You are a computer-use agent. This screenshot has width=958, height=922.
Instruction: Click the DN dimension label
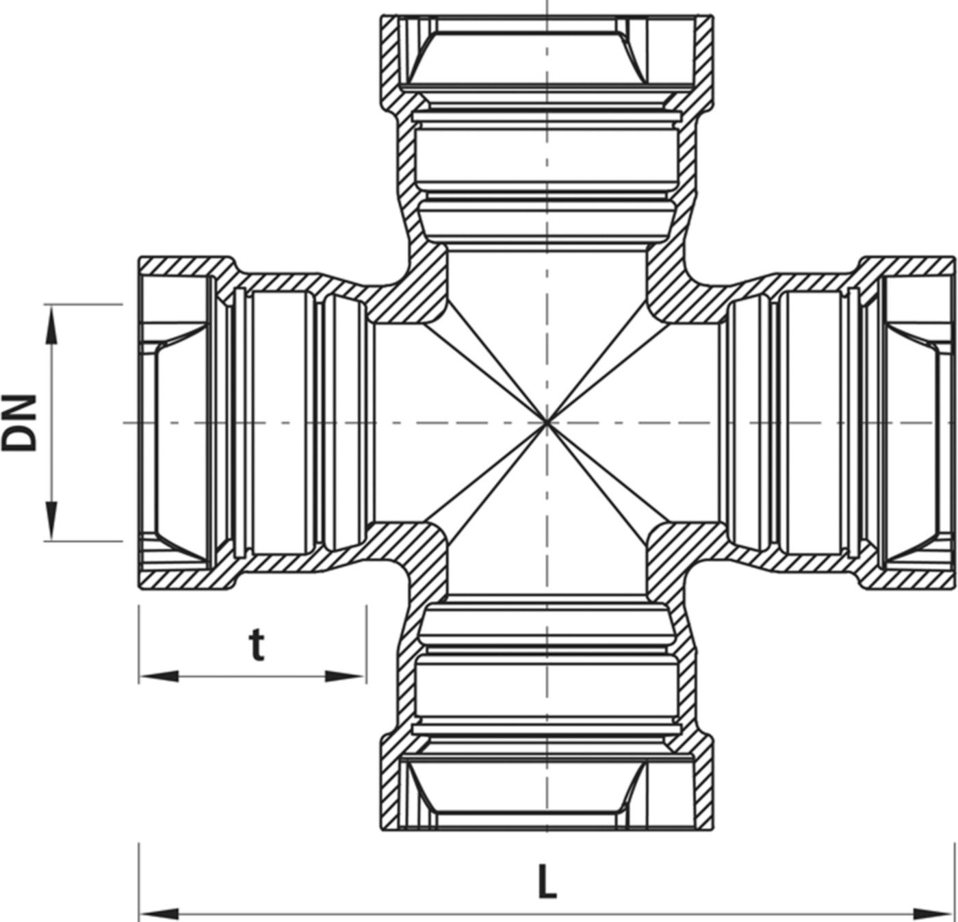coord(21,422)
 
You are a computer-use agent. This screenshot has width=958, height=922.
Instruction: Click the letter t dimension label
coord(256,645)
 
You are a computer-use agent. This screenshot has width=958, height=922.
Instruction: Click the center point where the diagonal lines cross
coord(547,423)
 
